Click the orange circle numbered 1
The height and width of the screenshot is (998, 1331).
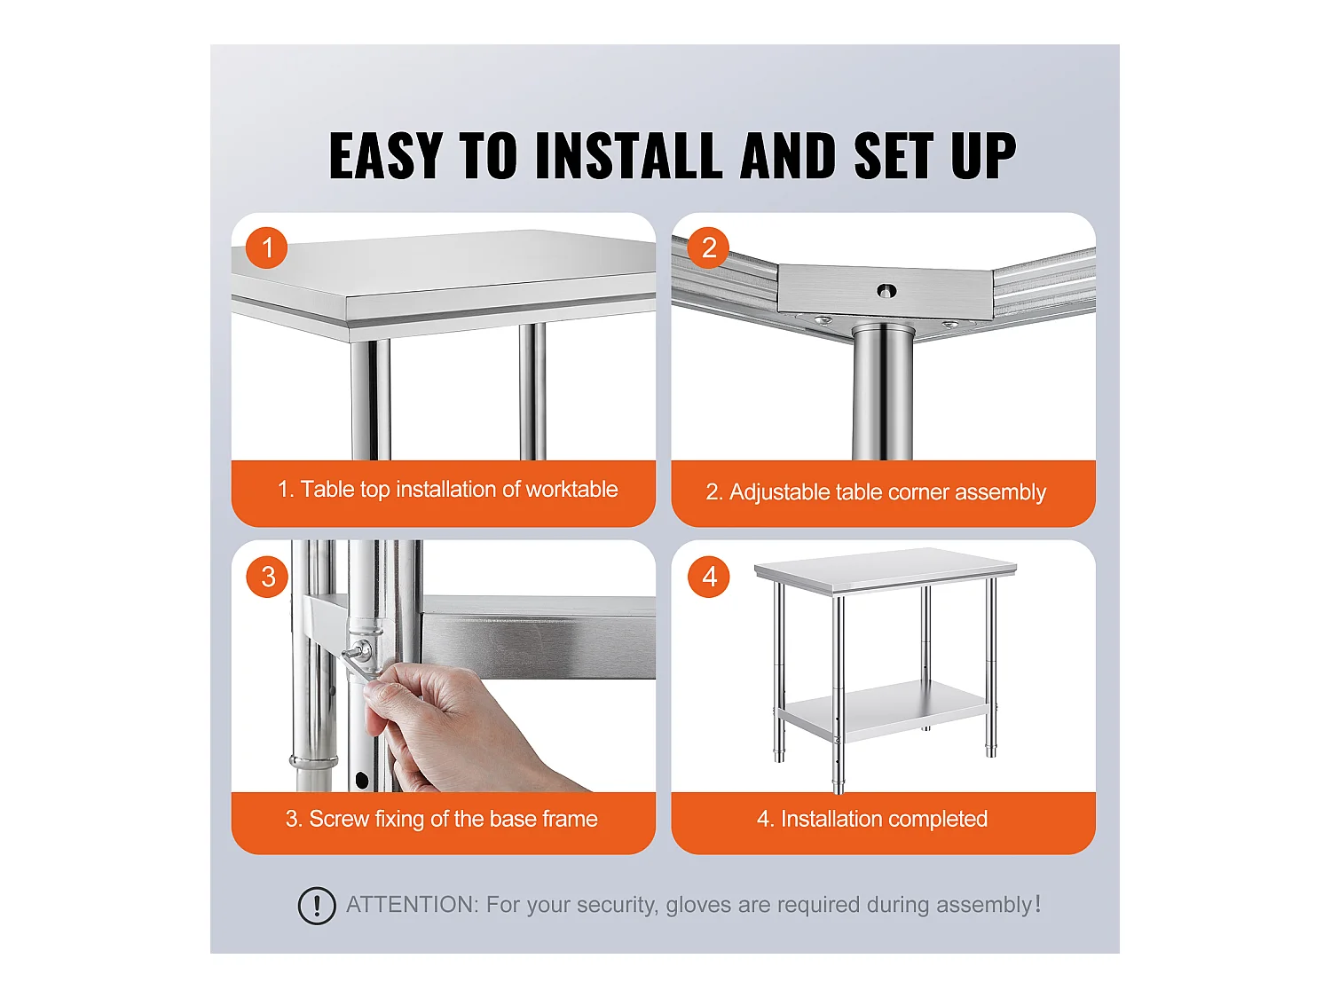pos(267,248)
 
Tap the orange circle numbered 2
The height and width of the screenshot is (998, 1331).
pos(708,248)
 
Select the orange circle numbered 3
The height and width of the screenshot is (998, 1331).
pos(267,577)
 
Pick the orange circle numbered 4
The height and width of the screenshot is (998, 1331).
pos(709,577)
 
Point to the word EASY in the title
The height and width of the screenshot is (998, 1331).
pos(385,156)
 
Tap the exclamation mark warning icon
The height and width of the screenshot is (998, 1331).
pos(317,906)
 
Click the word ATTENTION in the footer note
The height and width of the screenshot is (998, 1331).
pos(412,905)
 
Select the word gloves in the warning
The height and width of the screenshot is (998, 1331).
pos(698,905)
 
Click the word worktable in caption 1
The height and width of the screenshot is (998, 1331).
pos(571,489)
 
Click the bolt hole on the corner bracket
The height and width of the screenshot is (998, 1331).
pos(886,290)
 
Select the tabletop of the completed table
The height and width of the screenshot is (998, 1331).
pos(885,567)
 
